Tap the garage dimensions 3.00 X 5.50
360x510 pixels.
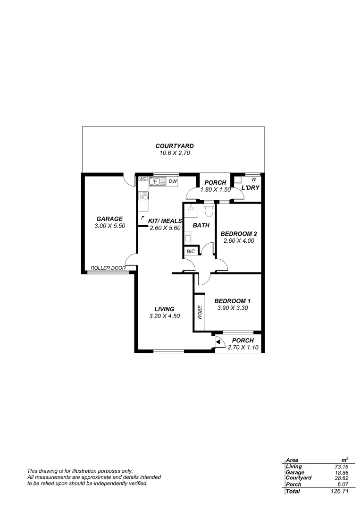click(x=109, y=226)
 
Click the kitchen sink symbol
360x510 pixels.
click(x=156, y=181)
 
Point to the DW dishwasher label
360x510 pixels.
click(x=173, y=181)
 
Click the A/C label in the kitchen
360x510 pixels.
click(x=142, y=179)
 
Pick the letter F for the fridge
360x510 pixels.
click(x=142, y=219)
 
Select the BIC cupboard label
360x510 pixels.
click(x=191, y=252)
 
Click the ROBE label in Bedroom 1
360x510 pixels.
click(x=200, y=313)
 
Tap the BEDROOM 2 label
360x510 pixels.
click(x=239, y=233)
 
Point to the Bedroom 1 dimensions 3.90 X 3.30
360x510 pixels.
click(x=232, y=308)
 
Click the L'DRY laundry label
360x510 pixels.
click(x=251, y=187)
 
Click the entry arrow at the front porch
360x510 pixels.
click(x=218, y=340)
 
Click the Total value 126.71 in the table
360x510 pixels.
click(x=340, y=492)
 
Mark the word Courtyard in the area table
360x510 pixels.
click(x=299, y=478)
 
